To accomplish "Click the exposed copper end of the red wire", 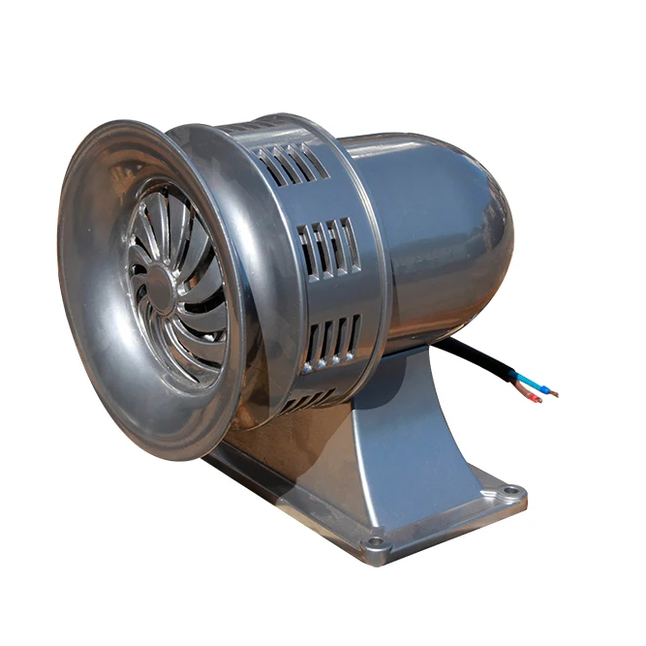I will click(538, 399).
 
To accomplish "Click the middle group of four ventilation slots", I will click(328, 247).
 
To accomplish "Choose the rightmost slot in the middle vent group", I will click(350, 243).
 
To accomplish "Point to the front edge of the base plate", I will click(291, 513).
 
